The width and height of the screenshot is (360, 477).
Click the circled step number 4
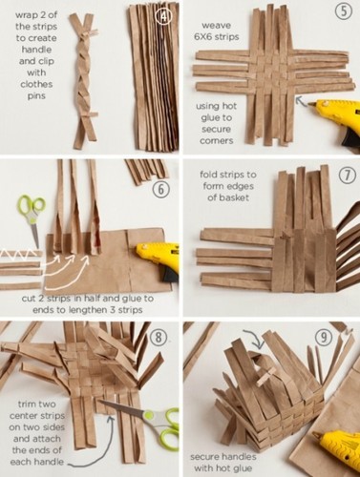(164, 16)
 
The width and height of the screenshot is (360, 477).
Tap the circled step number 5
(344, 11)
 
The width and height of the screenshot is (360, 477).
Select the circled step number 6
(161, 189)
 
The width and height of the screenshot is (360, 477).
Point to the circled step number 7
(347, 176)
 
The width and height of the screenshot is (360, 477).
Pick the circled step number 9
(324, 337)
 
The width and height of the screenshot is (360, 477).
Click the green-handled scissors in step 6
(32, 219)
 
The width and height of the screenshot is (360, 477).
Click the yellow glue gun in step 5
(334, 119)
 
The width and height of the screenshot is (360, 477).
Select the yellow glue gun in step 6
(159, 259)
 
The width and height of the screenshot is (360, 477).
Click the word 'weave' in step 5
(216, 25)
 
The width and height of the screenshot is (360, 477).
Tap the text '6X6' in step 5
(202, 36)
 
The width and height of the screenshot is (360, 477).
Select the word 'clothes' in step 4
(36, 84)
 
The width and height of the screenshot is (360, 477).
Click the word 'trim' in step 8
(28, 404)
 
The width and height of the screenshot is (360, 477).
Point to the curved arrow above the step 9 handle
(257, 339)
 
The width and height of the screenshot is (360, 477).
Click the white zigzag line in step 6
(19, 253)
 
